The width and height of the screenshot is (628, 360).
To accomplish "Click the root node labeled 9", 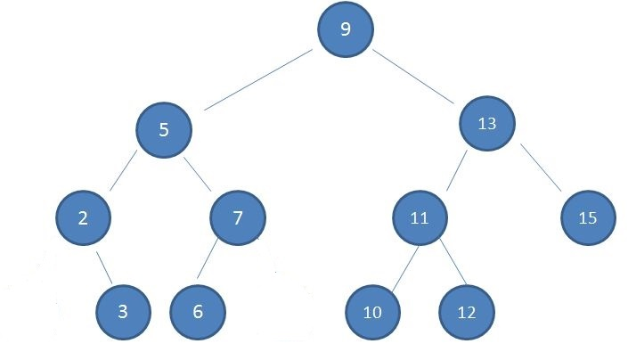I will [x=346, y=29].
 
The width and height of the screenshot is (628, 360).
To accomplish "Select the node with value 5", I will [x=163, y=130].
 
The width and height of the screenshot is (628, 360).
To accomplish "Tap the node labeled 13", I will [x=486, y=124].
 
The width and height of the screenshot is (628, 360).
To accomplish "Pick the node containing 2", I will [x=82, y=217].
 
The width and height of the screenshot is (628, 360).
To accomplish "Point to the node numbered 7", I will [x=238, y=217].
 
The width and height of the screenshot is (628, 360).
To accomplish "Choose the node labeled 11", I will [x=419, y=217].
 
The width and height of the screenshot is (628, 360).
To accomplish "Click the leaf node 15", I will [x=589, y=217].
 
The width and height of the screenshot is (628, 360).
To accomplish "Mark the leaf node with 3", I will [x=123, y=312].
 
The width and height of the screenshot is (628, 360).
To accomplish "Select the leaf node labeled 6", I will [x=198, y=312].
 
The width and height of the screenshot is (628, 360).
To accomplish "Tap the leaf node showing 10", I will [x=371, y=313].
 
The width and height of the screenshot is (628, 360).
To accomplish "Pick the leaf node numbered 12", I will [x=466, y=313].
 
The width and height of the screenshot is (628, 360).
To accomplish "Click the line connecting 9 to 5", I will [x=257, y=79].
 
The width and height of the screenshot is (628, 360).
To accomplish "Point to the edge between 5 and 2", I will [x=123, y=172].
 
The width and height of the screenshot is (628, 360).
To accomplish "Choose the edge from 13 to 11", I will [x=456, y=171].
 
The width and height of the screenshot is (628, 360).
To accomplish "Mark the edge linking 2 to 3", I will [x=102, y=266].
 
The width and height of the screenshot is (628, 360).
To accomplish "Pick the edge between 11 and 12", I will [x=447, y=266].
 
